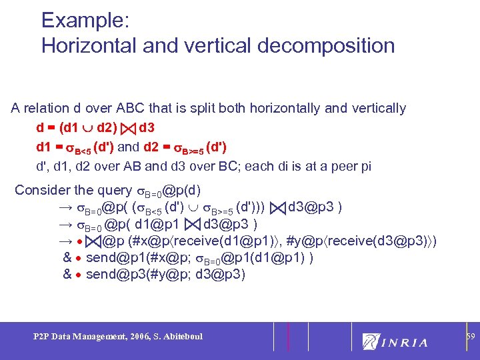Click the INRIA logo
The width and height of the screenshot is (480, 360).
pyautogui.click(x=395, y=342)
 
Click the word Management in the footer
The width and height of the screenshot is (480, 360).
pyautogui.click(x=88, y=337)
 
